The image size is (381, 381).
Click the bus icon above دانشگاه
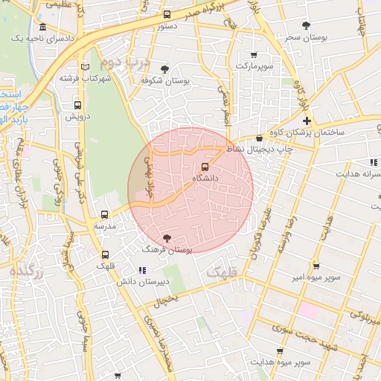205,167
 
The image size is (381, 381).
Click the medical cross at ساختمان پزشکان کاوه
307,121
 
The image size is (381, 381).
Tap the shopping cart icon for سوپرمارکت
254,54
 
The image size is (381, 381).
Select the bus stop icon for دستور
166,14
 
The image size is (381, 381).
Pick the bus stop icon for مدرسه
104,214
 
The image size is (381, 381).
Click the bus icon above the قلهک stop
104,254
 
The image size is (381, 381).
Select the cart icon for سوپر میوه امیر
316,266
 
